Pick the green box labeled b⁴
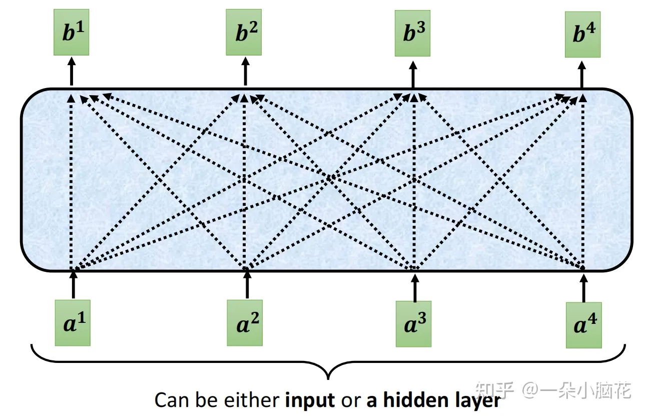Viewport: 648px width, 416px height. [x=582, y=41]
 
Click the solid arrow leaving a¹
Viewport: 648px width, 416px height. [x=73, y=285]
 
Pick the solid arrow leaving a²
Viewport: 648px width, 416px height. [x=246, y=285]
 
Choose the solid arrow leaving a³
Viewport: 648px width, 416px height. [x=414, y=286]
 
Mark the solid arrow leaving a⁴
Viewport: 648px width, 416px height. [x=583, y=287]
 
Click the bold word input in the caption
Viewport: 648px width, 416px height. [x=310, y=401]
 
